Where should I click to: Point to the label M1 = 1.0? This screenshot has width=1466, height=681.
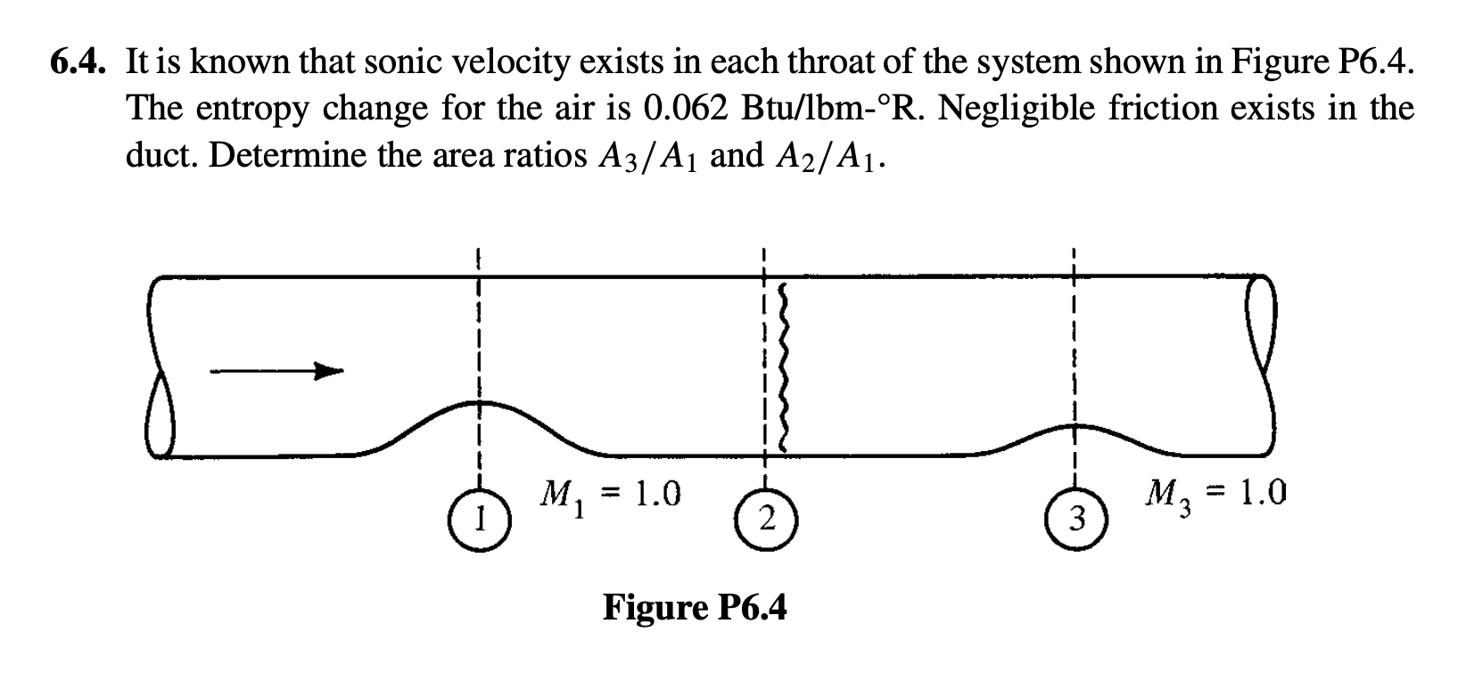tap(611, 495)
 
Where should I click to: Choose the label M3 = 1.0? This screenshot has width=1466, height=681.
tap(1217, 495)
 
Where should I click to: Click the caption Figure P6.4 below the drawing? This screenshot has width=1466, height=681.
tap(695, 608)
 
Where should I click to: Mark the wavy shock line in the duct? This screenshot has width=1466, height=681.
tap(785, 367)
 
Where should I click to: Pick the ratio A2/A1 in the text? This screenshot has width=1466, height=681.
tap(825, 157)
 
